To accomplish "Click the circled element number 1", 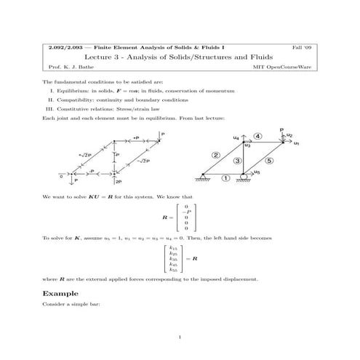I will point(225,177).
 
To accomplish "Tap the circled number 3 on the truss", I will point(238,161).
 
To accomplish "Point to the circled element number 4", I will point(258,137).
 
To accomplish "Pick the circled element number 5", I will point(269,160).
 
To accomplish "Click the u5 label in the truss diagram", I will point(257,173).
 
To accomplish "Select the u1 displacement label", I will point(296,143).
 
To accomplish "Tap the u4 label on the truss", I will point(235,137).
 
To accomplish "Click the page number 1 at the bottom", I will point(180,337).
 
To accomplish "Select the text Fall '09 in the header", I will point(305,47).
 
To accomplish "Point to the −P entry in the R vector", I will point(187,212).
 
